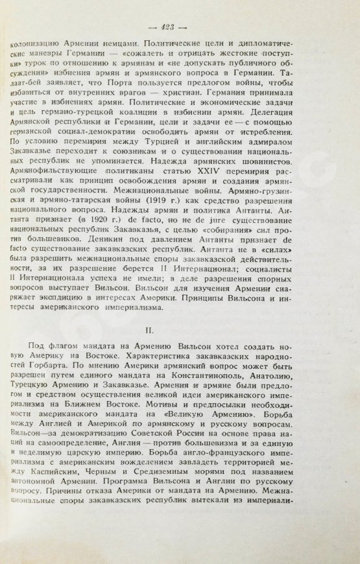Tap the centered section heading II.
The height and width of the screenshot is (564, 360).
tap(180, 331)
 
